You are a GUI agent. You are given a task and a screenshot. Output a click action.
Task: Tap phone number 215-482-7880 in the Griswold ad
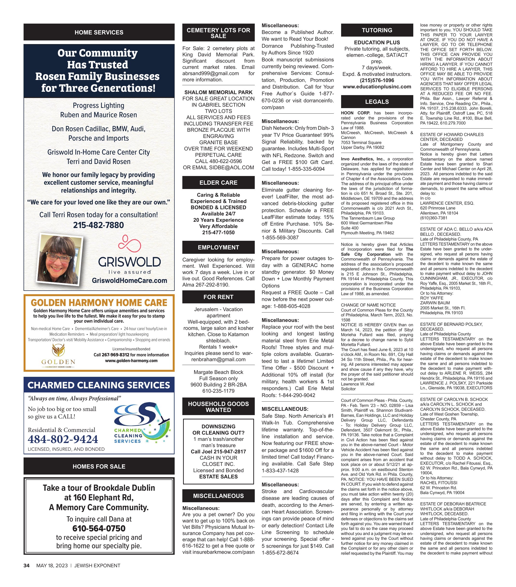98,225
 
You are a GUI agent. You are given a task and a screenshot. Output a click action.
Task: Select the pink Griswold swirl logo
129,243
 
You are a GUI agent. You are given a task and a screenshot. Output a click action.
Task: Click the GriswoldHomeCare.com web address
129,280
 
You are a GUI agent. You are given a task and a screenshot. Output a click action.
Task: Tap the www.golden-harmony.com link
131,361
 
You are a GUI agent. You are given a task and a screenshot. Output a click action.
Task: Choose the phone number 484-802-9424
63,439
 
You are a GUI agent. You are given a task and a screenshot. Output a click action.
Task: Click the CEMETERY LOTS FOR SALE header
218,33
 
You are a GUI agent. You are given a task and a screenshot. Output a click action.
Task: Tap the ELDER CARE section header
218,183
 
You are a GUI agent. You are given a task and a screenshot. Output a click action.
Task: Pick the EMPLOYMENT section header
218,247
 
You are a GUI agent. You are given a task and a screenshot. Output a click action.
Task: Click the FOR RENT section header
218,297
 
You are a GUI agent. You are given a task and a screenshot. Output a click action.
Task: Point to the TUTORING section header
377,30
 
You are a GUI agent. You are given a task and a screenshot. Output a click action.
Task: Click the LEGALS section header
377,102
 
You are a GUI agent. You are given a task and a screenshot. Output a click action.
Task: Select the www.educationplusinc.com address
377,86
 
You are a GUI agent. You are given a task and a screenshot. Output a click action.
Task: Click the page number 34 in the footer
26,566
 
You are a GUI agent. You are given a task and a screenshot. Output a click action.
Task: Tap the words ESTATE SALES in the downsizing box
218,476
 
